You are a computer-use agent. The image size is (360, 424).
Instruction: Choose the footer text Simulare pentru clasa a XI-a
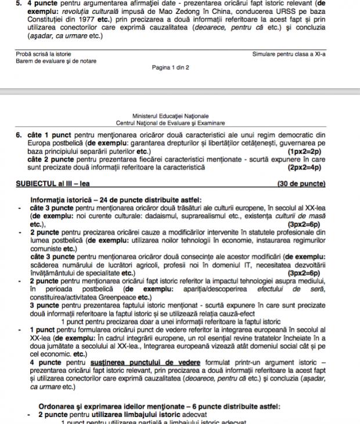pyautogui.click(x=289, y=54)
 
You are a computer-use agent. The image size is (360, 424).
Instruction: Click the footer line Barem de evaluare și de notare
pyautogui.click(x=56, y=61)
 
